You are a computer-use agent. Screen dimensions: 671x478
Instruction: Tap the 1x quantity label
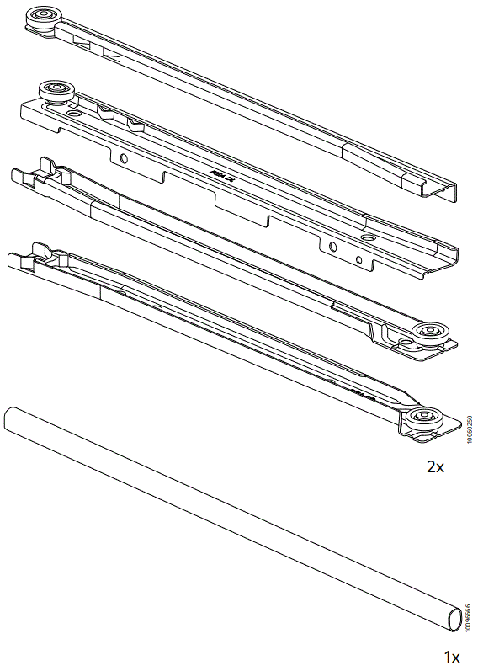tap(451, 654)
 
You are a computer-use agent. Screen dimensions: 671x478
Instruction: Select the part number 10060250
tap(469, 428)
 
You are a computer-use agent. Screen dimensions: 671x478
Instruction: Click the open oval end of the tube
tap(454, 620)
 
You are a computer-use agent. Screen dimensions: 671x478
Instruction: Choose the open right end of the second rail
tap(447, 258)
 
